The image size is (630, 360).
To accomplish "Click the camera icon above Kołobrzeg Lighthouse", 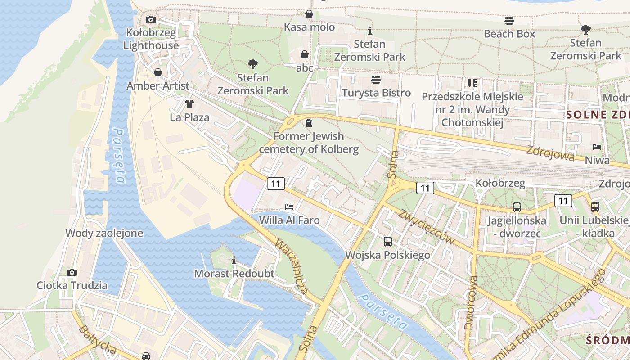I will (151, 19).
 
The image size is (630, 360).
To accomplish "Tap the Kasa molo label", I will (309, 27).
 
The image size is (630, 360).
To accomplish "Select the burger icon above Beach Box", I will (509, 20).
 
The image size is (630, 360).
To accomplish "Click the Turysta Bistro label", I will (376, 93).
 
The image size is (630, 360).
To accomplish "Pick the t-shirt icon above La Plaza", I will (189, 104).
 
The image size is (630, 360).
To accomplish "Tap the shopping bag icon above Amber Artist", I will (158, 72).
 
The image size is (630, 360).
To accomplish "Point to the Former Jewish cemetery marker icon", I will (309, 122).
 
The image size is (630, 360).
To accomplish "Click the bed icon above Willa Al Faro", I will (289, 207).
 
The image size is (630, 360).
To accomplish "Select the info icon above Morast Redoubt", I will (234, 260).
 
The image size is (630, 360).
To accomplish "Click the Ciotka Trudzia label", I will (72, 285).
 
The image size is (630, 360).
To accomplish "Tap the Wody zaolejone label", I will (104, 233).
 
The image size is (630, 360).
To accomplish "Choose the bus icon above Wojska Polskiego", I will (388, 242).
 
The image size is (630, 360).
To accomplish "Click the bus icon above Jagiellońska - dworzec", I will (517, 207).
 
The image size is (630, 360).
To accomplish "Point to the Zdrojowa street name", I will (550, 153).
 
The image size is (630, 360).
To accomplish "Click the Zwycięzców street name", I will (426, 227).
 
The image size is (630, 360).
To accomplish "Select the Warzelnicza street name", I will (292, 267).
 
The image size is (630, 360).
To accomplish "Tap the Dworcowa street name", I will (471, 302).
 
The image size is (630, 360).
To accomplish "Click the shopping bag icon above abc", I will (305, 55).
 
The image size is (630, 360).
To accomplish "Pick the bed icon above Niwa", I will (597, 147).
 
